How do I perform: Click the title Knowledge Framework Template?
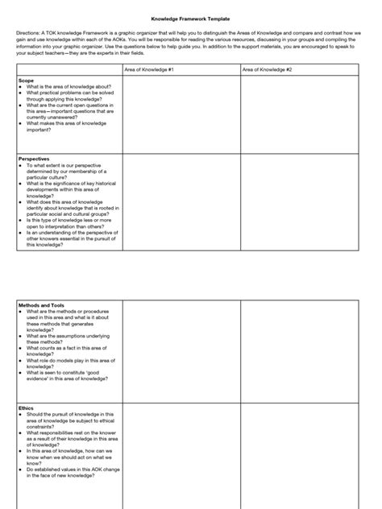coord(190,16)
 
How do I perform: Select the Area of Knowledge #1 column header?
coord(149,70)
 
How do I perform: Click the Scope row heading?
coord(26,81)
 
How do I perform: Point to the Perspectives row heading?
coord(34,159)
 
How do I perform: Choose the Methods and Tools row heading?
coord(40,307)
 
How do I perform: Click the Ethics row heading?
coord(26,408)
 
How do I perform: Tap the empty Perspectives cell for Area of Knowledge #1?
coord(181,201)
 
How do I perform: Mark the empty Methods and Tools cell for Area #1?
coord(181,351)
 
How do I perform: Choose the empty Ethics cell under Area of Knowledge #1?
coord(181,455)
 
